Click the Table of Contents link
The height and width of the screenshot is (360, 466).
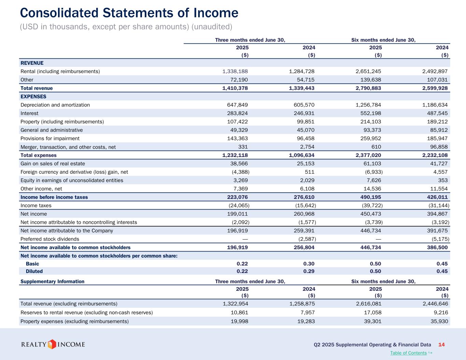pyautogui.click(x=408, y=353)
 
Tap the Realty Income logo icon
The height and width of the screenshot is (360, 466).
pyautogui.click(x=52, y=344)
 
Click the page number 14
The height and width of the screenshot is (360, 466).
pyautogui.click(x=441, y=345)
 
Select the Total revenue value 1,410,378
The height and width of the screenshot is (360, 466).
pyautogui.click(x=235, y=88)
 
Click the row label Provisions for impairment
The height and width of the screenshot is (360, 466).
pyautogui.click(x=50, y=139)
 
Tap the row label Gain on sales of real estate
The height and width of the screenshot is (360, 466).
pyautogui.click(x=53, y=164)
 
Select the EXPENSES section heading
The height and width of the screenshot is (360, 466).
pyautogui.click(x=33, y=97)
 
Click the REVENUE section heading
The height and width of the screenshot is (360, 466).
pyautogui.click(x=32, y=63)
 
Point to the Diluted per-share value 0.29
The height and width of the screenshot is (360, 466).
pyautogui.click(x=309, y=271)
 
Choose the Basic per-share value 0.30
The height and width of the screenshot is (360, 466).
pyautogui.click(x=309, y=264)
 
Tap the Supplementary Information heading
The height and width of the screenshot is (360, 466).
pyautogui.click(x=52, y=282)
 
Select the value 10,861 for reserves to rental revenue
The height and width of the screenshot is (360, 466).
pyautogui.click(x=240, y=313)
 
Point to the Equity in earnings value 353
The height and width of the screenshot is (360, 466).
pyautogui.click(x=443, y=180)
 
